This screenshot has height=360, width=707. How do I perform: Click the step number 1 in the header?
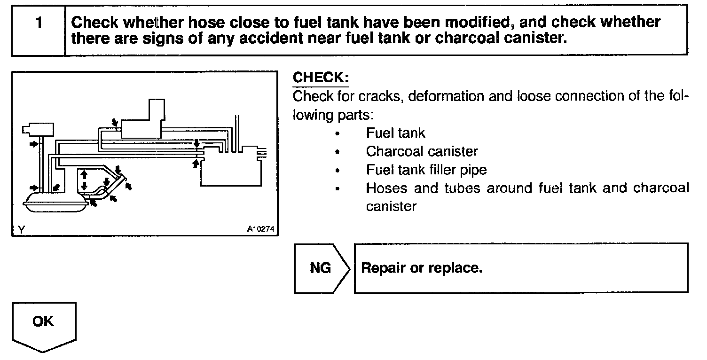[x=39, y=23]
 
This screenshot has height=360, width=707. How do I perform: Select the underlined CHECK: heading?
[x=321, y=78]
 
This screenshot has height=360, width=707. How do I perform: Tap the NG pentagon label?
[x=321, y=268]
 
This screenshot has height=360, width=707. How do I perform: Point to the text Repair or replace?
[x=422, y=268]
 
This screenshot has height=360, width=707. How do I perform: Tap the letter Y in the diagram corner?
[x=21, y=229]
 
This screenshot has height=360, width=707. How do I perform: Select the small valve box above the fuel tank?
[x=38, y=129]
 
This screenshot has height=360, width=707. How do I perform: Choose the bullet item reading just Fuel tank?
[x=395, y=133]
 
